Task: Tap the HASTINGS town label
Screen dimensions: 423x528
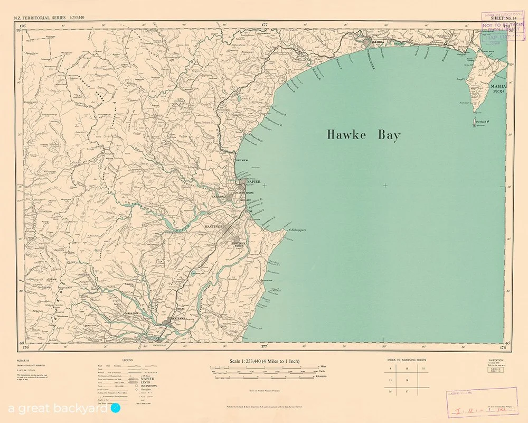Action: tap(213, 226)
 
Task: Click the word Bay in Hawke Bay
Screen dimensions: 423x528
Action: tap(388, 135)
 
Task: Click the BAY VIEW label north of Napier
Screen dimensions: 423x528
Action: tap(242, 160)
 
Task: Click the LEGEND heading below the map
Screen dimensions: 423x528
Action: tap(128, 360)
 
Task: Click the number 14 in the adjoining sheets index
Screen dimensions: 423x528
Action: tap(407, 380)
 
